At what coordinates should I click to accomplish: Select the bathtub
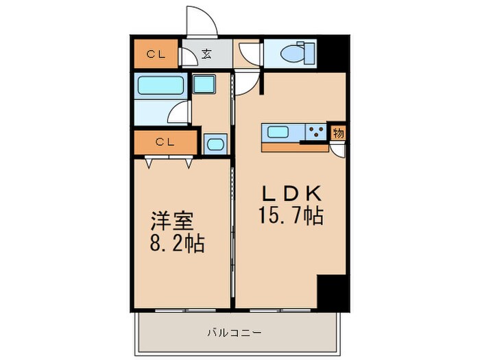click(x=161, y=86)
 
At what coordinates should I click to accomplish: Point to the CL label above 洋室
click(x=164, y=143)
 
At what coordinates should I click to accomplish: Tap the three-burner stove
click(x=316, y=132)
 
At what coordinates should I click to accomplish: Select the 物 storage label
click(x=338, y=133)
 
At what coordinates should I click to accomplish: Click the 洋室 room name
click(x=173, y=221)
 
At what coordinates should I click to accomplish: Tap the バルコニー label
click(x=234, y=333)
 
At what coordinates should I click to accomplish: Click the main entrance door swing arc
click(x=203, y=21)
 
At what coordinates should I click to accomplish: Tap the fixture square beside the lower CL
click(x=215, y=144)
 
